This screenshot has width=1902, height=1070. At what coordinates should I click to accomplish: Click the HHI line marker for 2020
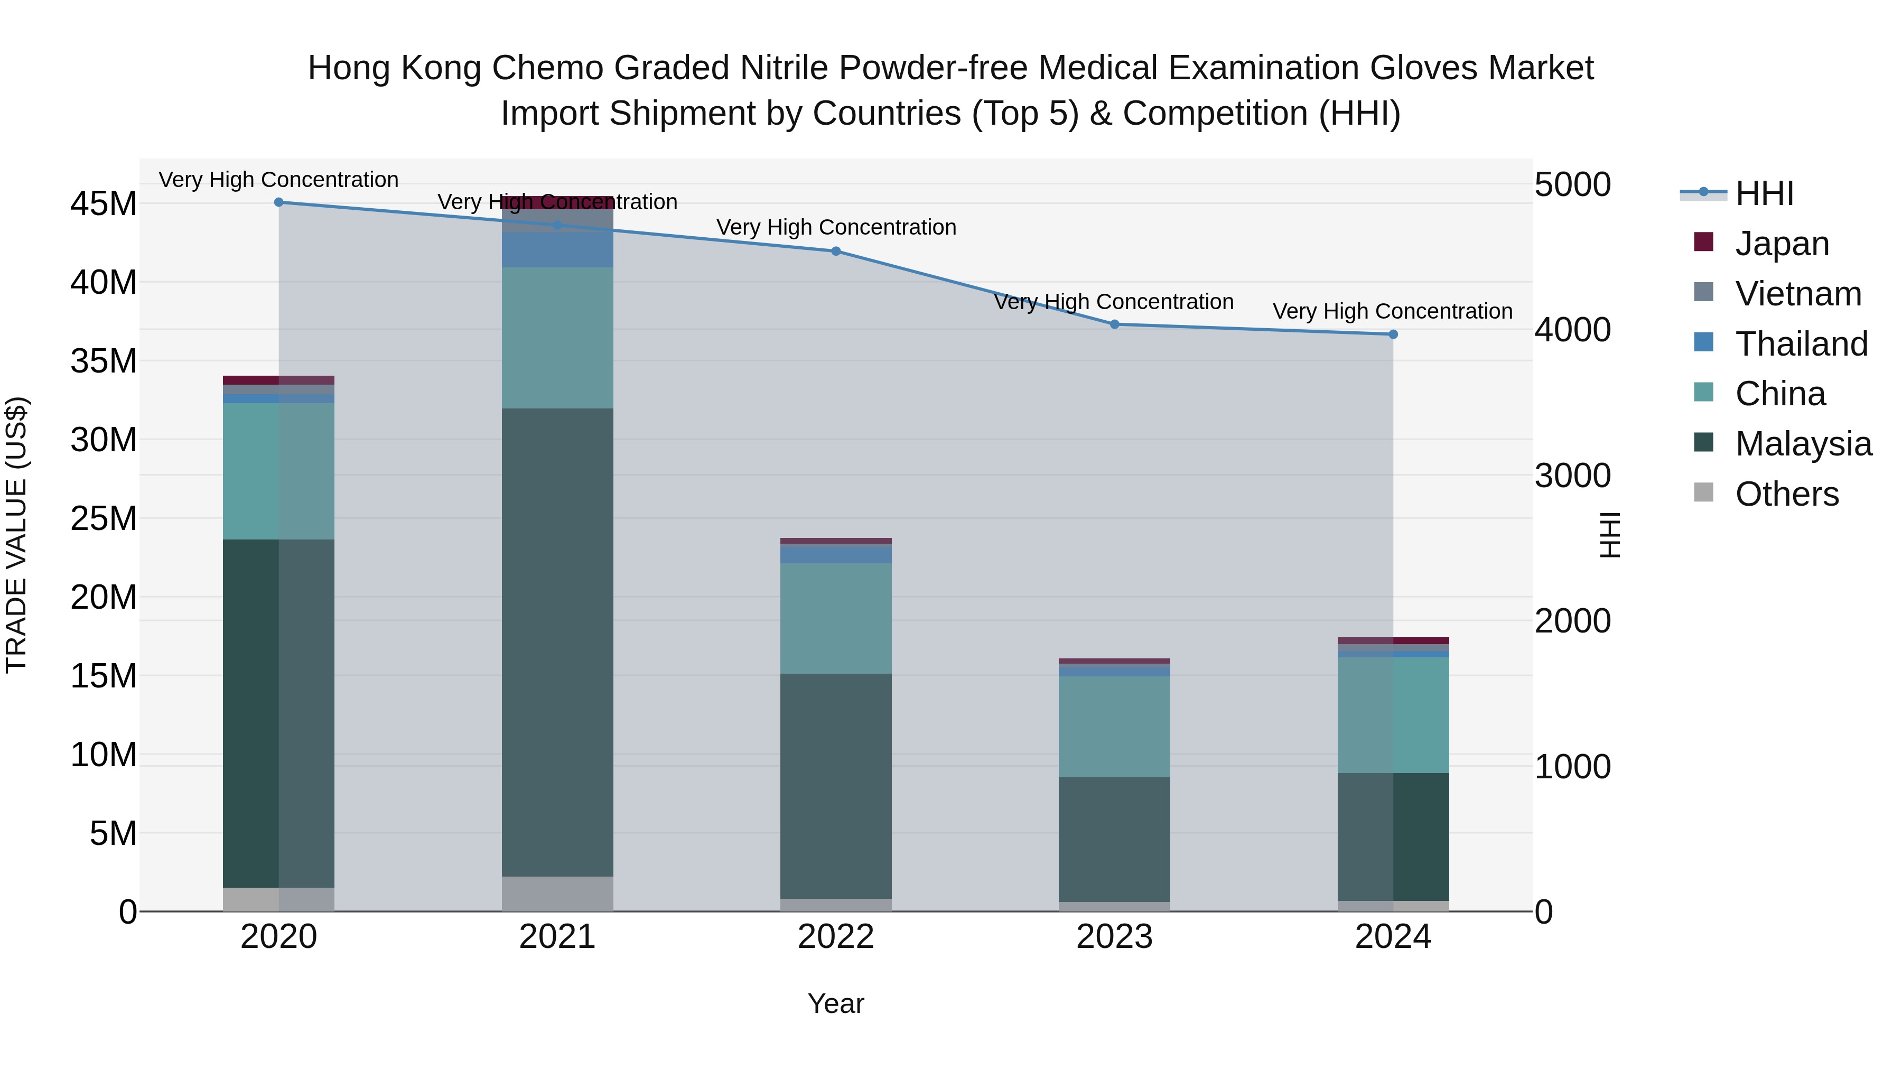point(278,202)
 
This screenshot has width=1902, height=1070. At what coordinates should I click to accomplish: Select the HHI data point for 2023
point(1114,324)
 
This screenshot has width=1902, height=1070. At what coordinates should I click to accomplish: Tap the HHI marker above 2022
point(836,251)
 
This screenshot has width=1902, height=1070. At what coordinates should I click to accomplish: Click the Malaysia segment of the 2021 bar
point(557,643)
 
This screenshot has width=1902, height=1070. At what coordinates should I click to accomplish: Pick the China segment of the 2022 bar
point(836,618)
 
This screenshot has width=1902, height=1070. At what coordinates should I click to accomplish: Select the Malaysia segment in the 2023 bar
point(1114,839)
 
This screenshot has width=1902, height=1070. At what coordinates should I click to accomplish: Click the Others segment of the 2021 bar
point(557,894)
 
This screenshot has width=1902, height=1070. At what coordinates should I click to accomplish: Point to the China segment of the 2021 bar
point(557,338)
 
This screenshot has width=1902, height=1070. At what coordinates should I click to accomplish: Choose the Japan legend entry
point(1781,244)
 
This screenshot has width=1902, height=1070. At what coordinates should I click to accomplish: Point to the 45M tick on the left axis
point(104,204)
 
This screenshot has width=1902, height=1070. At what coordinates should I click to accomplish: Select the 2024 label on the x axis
point(1393,937)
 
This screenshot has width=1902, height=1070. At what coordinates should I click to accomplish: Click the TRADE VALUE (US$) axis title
point(16,535)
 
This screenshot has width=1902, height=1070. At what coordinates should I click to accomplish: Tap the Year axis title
point(836,1003)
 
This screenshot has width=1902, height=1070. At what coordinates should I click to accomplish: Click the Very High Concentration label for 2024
point(1393,312)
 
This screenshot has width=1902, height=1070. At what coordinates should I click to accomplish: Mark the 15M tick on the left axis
point(104,676)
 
